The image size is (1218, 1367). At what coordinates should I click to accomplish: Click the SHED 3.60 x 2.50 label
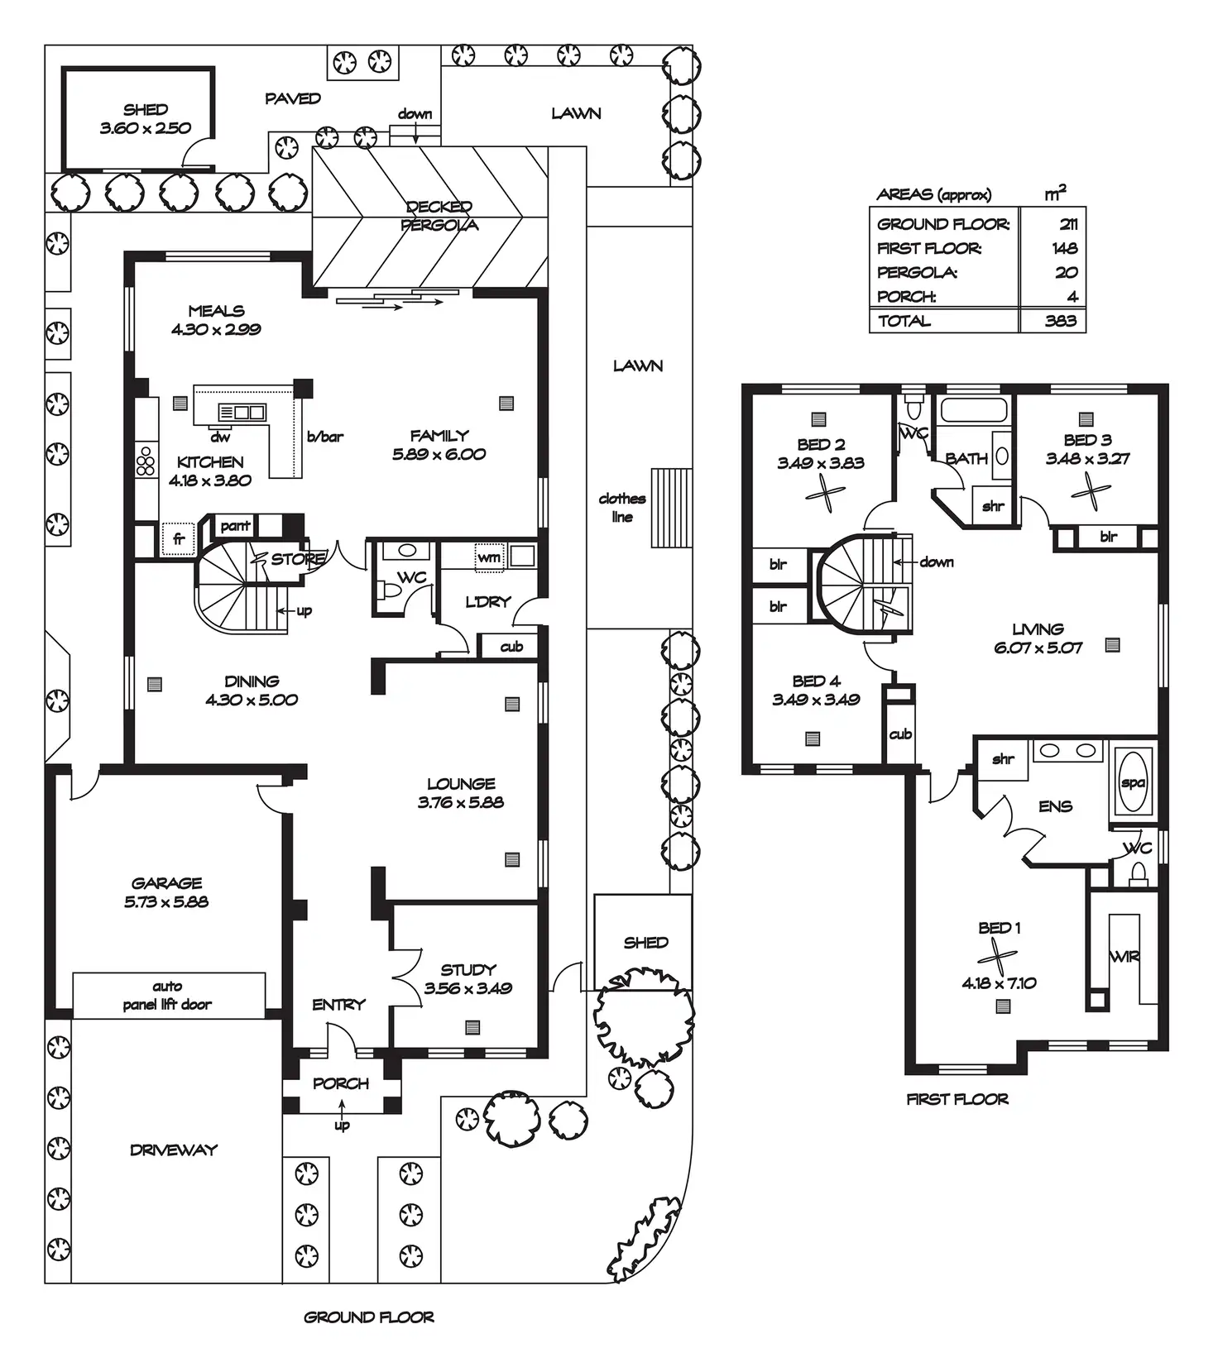[145, 118]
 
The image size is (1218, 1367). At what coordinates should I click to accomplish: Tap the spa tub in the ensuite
[1133, 781]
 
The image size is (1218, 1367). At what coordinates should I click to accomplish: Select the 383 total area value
[1061, 321]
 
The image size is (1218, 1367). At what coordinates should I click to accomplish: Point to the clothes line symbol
[670, 508]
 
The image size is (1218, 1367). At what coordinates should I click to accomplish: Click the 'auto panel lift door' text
[167, 995]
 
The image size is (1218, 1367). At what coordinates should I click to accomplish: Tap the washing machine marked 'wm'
[489, 557]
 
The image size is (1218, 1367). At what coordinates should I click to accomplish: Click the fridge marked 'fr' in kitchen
[178, 538]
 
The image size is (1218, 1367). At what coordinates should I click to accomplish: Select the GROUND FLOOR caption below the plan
[369, 1317]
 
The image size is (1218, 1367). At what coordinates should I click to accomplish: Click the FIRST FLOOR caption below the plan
[957, 1099]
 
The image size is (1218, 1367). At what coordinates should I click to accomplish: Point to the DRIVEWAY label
[174, 1150]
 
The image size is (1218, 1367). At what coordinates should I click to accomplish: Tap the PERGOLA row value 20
[1067, 272]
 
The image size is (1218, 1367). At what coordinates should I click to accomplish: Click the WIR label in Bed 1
[1124, 956]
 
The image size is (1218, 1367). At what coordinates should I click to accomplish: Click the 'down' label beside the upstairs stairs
[937, 562]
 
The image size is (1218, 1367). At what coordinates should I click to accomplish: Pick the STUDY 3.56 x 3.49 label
[468, 978]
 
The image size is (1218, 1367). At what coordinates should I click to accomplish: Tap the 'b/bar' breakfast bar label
[325, 436]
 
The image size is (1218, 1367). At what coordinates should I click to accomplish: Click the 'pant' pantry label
[235, 525]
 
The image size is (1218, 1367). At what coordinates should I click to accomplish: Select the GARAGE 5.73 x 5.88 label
[166, 892]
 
